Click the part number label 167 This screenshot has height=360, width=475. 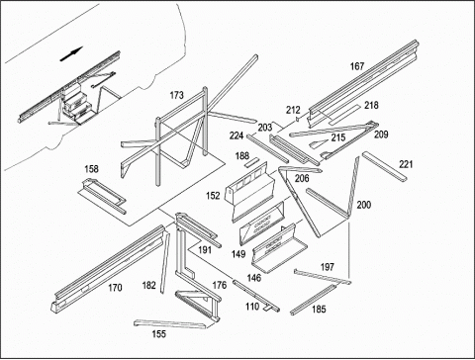pos(356,66)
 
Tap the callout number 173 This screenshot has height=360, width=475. pos(176,95)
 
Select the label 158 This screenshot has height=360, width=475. pos(91,169)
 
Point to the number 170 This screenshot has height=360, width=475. pos(115,288)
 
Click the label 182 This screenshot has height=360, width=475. pos(148,285)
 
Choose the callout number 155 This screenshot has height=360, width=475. pos(158,334)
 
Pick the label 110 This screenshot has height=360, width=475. pos(252,307)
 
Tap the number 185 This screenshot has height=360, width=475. pos(319,309)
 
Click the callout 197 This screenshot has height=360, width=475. pos(328,267)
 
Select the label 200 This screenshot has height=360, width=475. pos(364,205)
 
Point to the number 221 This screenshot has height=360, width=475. pos(406,164)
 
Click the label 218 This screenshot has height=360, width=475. pos(371,105)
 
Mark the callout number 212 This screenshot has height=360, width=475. pos(293,110)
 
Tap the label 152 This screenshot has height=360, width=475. pos(213,196)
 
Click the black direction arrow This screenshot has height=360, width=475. pos(71,54)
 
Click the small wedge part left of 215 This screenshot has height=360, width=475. pos(319,143)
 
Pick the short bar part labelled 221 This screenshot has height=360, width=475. pos(385,166)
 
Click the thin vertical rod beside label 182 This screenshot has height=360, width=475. pos(165,263)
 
